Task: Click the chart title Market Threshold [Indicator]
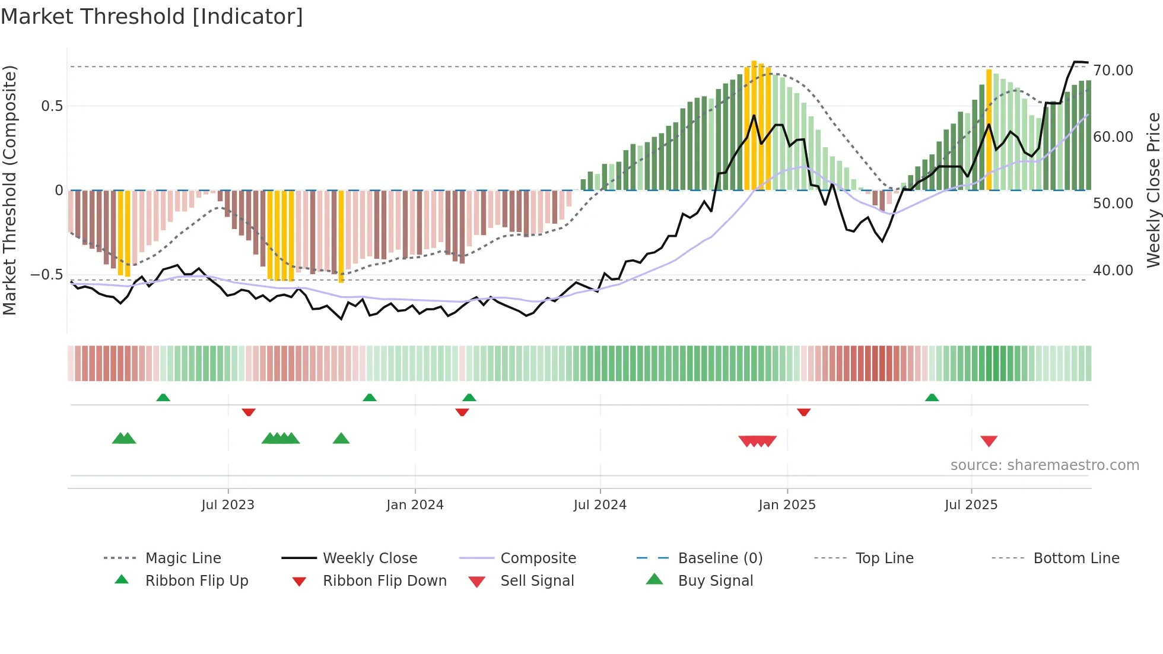152,17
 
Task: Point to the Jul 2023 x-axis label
228,505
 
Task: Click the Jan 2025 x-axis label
787,505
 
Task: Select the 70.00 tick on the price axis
1113,71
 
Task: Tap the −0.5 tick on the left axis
46,275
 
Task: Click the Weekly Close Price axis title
1153,190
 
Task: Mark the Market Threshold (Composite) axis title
9,190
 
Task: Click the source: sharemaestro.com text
1044,465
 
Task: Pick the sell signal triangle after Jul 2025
989,441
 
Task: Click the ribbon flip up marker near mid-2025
932,397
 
